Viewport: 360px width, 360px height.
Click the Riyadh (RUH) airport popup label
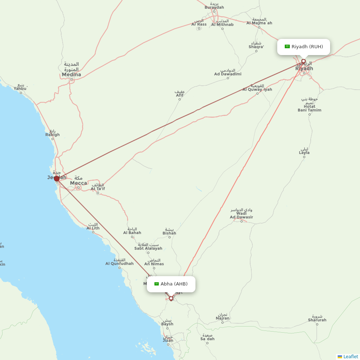(303, 47)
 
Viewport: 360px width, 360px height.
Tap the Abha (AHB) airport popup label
(171, 284)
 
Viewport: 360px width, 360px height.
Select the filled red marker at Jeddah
(57, 179)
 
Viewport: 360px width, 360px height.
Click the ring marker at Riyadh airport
(303, 61)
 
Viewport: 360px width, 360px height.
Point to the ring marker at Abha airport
(171, 298)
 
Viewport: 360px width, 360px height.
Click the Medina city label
(71, 75)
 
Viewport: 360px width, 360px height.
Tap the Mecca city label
(78, 183)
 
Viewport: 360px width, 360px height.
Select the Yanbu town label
(20, 88)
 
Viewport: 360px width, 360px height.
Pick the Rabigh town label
(53, 135)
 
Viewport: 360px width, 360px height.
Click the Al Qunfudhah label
(119, 264)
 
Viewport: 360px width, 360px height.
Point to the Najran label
(222, 318)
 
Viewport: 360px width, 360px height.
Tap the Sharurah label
(317, 320)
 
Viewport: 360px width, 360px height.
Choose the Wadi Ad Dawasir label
(242, 215)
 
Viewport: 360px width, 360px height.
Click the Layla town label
(304, 152)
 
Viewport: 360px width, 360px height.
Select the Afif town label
(180, 95)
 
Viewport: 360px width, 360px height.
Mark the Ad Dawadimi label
(228, 74)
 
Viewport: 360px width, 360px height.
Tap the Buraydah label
(214, 7)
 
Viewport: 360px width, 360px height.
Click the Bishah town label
(169, 233)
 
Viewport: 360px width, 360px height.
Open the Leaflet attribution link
(350, 356)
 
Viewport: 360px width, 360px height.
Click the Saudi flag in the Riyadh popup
(287, 46)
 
